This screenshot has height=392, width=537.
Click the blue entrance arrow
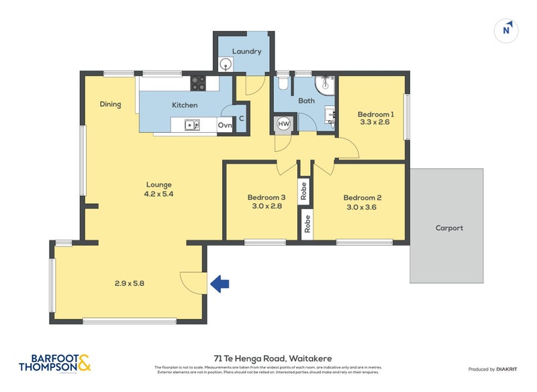[x=219, y=284]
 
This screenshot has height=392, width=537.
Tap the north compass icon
[x=507, y=30]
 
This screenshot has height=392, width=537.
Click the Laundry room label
[x=246, y=52]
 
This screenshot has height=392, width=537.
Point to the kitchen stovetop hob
[x=198, y=83]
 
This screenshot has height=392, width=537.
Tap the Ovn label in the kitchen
[x=225, y=126]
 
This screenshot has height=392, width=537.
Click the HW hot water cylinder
[x=283, y=124]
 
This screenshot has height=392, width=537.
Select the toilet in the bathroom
[x=283, y=83]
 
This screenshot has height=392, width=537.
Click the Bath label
[x=306, y=101]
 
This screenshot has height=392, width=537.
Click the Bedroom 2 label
[x=362, y=198]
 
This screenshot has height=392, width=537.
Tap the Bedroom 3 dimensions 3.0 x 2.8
[x=266, y=207]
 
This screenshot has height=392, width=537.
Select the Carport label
[x=449, y=228]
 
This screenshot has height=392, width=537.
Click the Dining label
[x=110, y=104]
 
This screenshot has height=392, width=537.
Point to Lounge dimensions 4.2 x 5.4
[x=158, y=194]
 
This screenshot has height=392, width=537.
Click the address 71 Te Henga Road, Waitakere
[x=268, y=358]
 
